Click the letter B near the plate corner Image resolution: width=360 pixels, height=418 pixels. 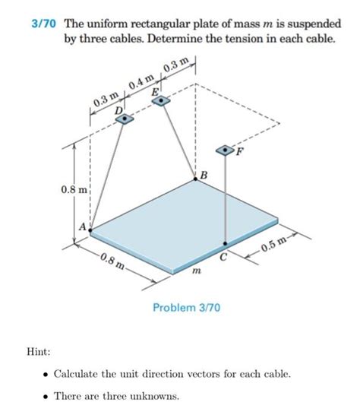click(x=203, y=177)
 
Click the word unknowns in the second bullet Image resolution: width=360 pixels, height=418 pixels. click(x=153, y=396)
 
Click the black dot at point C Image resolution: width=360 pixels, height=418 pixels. click(x=225, y=245)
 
